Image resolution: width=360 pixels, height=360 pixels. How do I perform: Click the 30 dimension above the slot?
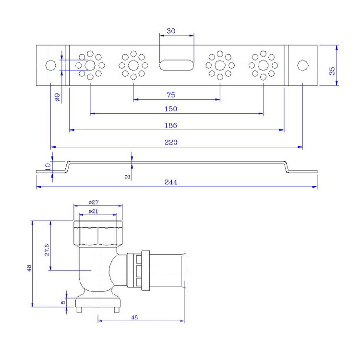click(170, 31)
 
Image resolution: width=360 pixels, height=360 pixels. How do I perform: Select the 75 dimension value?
click(171, 95)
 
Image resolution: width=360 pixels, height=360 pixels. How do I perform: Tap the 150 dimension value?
click(171, 109)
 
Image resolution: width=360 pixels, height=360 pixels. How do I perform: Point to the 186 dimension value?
click(171, 125)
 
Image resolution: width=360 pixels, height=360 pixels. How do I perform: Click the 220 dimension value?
click(171, 142)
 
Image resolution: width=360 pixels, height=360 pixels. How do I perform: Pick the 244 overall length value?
click(171, 182)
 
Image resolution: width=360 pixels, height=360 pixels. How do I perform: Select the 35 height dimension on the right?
click(332, 71)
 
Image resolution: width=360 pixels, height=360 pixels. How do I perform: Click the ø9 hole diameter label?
click(57, 97)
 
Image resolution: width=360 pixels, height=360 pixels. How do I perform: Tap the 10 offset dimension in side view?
click(48, 166)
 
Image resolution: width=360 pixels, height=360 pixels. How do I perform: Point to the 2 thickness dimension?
click(128, 177)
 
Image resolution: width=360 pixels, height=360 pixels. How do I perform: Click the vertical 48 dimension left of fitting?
click(28, 267)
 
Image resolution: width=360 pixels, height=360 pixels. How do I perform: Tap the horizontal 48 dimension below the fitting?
click(135, 317)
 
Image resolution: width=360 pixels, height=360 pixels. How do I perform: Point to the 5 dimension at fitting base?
click(63, 302)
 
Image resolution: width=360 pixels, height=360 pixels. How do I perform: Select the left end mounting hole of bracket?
click(50, 65)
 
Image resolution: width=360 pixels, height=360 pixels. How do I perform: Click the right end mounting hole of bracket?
click(302, 65)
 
